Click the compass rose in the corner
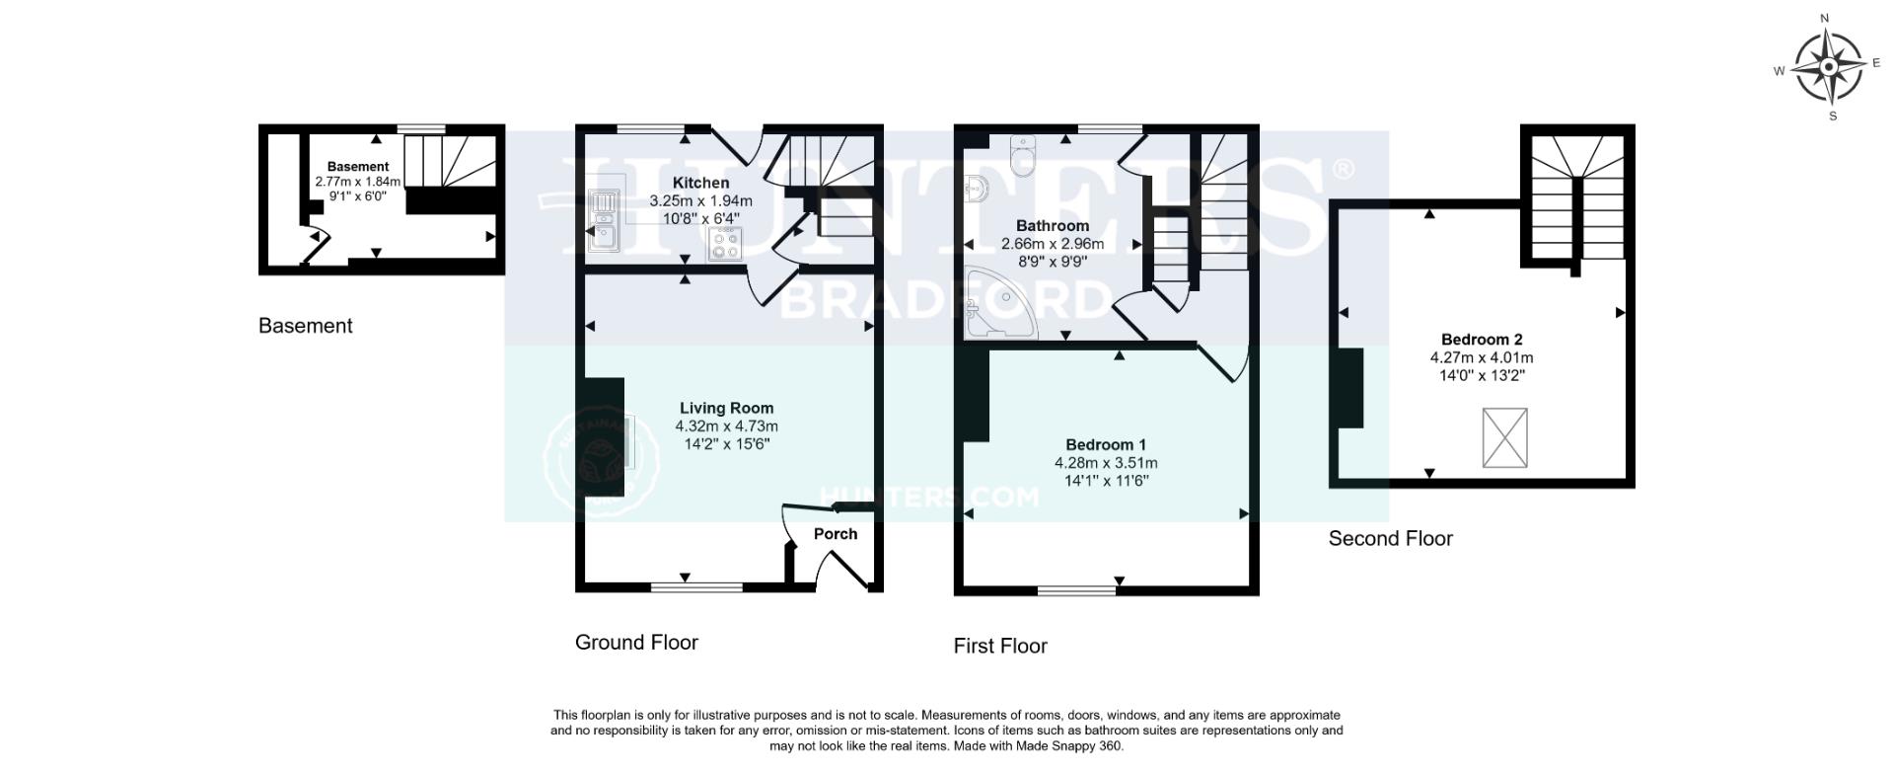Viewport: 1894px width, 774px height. click(1828, 67)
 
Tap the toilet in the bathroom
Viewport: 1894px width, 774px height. click(1021, 156)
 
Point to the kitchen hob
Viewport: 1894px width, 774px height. click(725, 244)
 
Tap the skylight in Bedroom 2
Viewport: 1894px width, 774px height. click(1504, 437)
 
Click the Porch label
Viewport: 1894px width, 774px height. click(836, 534)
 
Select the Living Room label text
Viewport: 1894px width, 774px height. click(726, 408)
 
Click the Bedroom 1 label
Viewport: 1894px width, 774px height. click(1106, 444)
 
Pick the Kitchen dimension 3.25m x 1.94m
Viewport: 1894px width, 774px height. click(700, 200)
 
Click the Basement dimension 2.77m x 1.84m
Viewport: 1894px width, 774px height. click(358, 182)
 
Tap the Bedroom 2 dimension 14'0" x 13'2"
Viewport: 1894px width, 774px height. click(1482, 375)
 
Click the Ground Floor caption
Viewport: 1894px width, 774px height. click(636, 643)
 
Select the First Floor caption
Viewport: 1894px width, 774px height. click(1000, 647)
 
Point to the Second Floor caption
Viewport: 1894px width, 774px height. click(1390, 539)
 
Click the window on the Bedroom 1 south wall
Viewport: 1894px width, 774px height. click(1077, 589)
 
